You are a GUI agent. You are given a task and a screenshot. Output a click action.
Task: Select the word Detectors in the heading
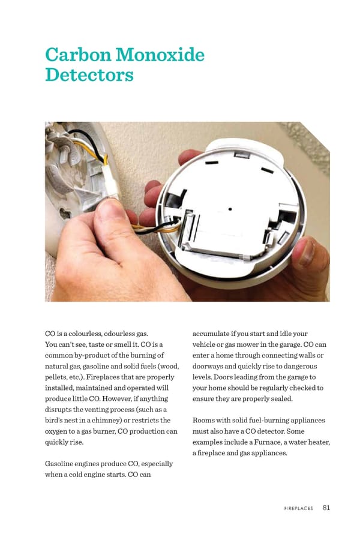point(89,76)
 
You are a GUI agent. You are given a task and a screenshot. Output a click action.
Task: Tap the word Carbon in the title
point(76,55)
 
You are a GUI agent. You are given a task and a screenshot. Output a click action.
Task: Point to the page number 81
point(326,508)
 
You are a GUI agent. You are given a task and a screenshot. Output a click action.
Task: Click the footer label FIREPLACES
point(298,508)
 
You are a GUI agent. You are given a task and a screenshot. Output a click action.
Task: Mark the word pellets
point(58,377)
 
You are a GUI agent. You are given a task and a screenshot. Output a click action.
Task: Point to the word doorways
point(209,366)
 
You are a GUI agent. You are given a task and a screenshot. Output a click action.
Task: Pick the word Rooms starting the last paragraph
point(206,420)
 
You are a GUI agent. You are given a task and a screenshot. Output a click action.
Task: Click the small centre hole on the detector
point(231,209)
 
